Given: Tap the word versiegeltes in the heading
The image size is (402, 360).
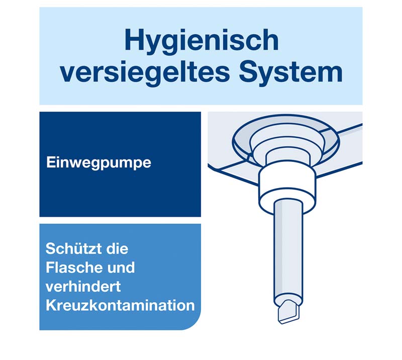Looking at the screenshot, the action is pyautogui.click(x=145, y=73).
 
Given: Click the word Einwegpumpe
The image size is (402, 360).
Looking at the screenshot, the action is pyautogui.click(x=98, y=163).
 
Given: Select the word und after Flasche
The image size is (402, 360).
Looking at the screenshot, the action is pyautogui.click(x=121, y=267).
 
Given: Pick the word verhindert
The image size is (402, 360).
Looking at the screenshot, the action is pyautogui.click(x=83, y=287).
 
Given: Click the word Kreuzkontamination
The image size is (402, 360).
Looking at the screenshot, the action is pyautogui.click(x=120, y=305).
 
